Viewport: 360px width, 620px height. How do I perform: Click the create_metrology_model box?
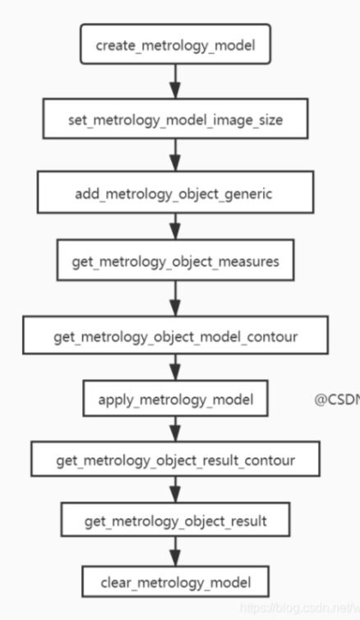175,44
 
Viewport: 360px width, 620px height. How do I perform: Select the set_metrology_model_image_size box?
175,120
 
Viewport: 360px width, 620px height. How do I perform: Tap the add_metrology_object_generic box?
175,194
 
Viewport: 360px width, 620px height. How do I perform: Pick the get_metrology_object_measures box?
175,261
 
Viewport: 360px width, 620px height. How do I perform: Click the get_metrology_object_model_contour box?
175,337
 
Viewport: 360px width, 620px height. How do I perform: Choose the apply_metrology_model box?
175,400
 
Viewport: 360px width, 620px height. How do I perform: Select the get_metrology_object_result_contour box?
175,459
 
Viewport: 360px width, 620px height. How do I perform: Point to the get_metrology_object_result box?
175,521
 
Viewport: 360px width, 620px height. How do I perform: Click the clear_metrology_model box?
175,583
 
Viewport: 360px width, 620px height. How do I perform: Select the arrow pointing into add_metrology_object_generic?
175,157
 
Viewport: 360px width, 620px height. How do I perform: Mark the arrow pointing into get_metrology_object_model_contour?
175,299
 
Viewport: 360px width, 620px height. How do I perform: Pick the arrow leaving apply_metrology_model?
175,429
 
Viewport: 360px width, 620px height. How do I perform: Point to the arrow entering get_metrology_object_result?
175,490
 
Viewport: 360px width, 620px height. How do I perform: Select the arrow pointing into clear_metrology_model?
175,552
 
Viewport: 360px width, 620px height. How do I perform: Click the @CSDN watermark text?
336,401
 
